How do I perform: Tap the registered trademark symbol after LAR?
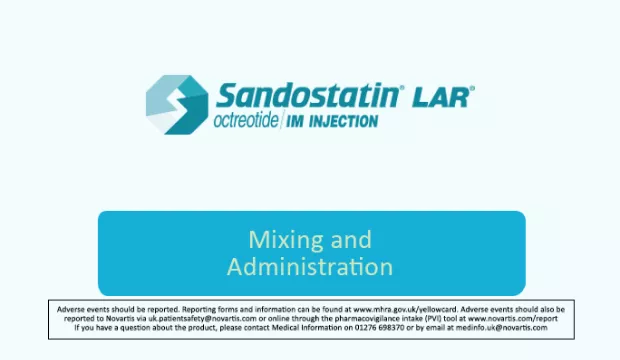471,89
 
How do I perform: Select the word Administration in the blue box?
310,267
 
